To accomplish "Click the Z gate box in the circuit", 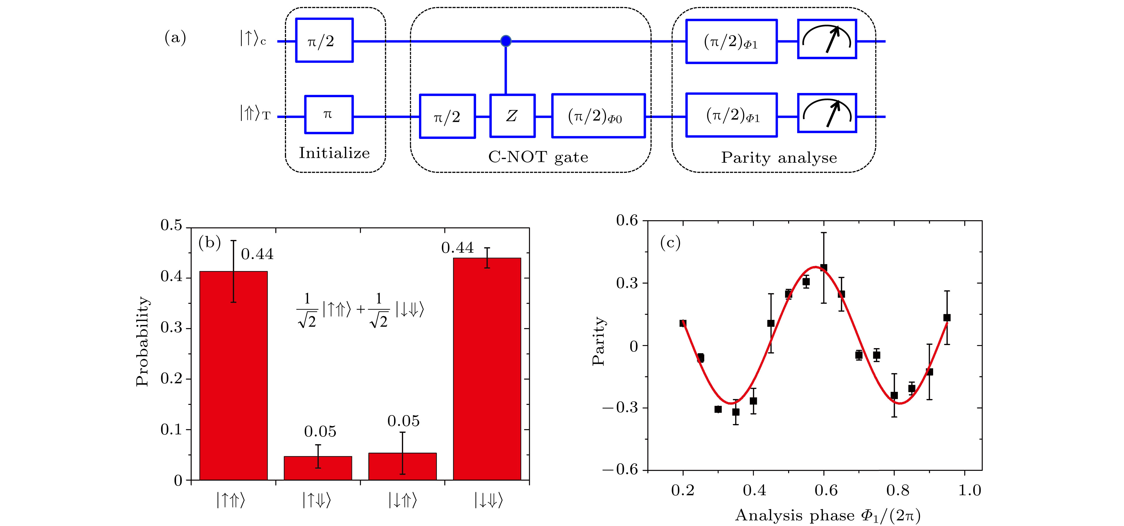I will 512,116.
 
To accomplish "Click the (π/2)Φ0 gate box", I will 598,116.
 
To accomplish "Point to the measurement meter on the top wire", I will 827,39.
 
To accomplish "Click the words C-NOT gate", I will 538,157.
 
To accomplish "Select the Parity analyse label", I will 779,158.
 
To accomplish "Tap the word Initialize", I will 334,153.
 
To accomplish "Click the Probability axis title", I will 142,341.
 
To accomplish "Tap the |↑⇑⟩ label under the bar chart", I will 231,500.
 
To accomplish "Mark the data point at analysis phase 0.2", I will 683,323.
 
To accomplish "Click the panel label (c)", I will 670,243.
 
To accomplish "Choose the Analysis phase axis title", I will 828,516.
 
